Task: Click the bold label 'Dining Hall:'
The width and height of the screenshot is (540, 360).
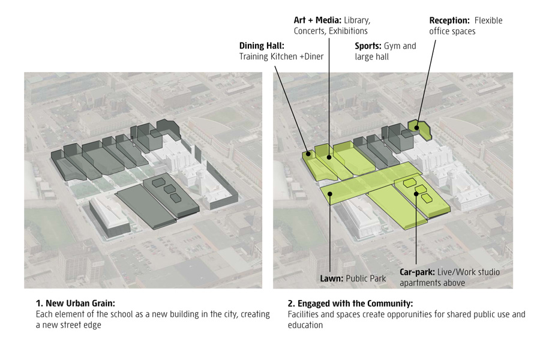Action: (x=262, y=46)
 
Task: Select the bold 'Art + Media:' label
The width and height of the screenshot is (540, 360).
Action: (x=317, y=20)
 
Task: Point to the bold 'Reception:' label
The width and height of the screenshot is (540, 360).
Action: (x=449, y=20)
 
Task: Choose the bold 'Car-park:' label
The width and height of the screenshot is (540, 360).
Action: (x=418, y=272)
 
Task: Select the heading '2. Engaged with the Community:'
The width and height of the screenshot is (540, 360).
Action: (x=350, y=304)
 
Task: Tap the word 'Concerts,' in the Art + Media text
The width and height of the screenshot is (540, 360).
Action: (x=310, y=31)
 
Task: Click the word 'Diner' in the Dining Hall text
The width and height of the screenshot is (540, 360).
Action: (x=312, y=57)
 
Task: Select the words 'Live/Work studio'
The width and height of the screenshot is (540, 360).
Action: (x=469, y=272)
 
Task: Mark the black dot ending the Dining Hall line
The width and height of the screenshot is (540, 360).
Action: (x=310, y=154)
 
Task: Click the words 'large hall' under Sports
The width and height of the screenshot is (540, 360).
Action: (x=372, y=57)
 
